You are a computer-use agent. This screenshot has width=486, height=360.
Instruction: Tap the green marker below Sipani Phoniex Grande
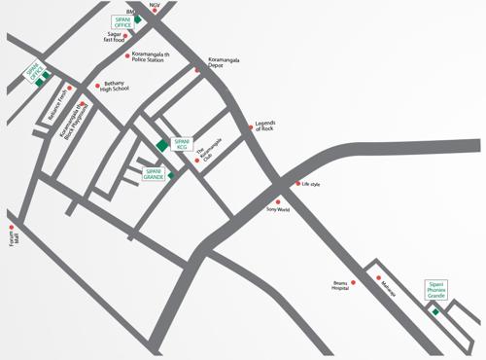435,311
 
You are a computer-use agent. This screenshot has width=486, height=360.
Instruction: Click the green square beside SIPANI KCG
161,145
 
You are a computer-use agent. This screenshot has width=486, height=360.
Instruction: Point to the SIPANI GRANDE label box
154,174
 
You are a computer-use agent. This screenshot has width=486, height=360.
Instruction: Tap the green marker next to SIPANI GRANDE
170,176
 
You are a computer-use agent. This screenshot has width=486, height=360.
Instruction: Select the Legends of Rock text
264,126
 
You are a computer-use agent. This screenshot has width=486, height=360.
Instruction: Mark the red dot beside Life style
297,183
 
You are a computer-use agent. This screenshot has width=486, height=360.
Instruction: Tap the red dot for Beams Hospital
353,282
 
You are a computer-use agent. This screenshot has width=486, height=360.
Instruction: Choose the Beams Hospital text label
338,286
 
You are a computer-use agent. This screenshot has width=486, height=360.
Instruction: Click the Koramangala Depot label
223,63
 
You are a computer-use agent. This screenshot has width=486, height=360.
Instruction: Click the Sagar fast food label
121,36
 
